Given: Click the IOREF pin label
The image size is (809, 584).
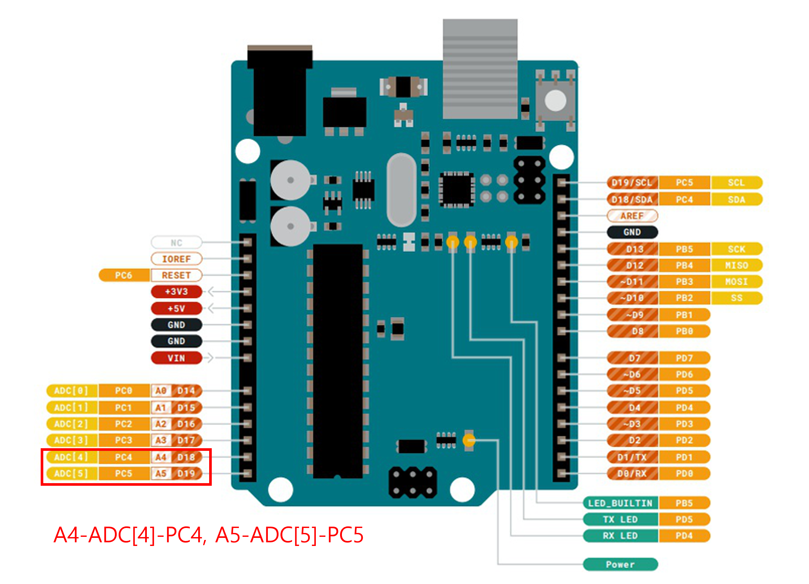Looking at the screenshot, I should [176, 259].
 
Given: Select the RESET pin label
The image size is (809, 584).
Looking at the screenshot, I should [176, 275].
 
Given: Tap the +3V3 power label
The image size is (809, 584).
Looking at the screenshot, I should [176, 292].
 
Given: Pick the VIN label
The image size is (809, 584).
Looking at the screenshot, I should [176, 358].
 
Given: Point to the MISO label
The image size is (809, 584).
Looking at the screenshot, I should [736, 265].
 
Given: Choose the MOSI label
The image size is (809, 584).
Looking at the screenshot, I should [736, 282].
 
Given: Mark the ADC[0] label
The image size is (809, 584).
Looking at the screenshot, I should [71, 391].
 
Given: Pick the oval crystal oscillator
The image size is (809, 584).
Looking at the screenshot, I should [402, 190].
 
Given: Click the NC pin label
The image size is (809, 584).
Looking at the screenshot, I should [176, 243].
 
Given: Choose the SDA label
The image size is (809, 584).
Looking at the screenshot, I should [736, 199].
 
